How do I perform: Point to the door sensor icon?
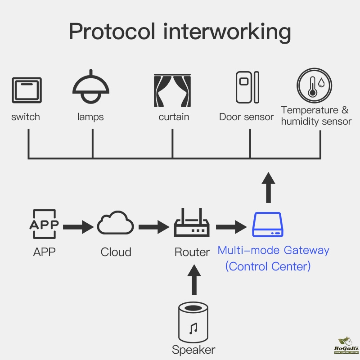click(247, 87)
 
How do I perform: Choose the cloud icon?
click(116, 224)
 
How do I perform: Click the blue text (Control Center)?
click(268, 266)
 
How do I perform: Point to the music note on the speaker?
click(194, 328)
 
